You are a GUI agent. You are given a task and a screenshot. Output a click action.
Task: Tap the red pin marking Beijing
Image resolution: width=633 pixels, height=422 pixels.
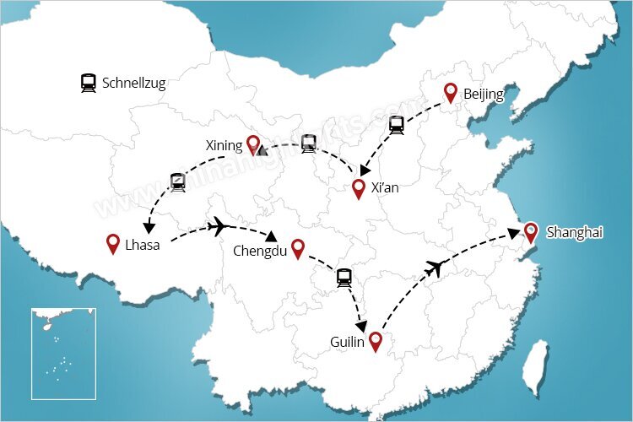pos(451,93)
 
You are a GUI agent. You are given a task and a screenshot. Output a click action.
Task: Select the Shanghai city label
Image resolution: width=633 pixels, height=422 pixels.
pos(575,232)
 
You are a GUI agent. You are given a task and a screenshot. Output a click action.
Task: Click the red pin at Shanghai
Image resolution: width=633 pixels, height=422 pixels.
pos(530,232)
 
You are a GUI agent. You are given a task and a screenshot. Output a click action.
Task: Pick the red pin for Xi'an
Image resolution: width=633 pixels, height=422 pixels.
pos(359,188)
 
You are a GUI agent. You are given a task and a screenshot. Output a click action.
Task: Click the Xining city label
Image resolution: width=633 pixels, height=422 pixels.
pos(224,145)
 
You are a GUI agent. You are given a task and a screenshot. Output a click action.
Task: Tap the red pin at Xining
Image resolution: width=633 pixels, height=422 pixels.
pos(252,144)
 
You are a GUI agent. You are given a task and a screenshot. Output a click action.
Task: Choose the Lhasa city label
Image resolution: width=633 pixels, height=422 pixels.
pos(143,245)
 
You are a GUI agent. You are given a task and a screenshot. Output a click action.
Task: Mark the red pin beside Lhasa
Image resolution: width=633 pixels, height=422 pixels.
pos(113,243)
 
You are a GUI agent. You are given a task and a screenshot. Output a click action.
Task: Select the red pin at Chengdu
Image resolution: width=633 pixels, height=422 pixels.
pos(297,248)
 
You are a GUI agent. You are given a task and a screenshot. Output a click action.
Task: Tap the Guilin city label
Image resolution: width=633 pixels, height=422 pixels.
pos(348,342)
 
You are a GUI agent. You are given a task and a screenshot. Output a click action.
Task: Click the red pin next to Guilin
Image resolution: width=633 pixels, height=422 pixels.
pos(376,341)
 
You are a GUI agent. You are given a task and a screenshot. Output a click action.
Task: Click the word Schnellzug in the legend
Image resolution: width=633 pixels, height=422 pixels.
pos(133,83)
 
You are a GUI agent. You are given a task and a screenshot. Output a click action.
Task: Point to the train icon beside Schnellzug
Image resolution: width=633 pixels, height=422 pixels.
pos(88,83)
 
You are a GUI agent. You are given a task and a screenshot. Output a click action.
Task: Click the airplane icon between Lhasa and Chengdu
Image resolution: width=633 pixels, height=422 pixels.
pos(218,226)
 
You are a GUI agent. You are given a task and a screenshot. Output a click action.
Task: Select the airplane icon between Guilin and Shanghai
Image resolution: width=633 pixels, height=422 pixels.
pos(435,268)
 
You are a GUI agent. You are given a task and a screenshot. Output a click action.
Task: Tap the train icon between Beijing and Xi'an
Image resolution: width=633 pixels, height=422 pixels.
pos(396,125)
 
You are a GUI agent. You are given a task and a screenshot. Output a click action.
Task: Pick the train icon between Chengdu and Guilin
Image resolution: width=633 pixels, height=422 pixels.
pos(344,278)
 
